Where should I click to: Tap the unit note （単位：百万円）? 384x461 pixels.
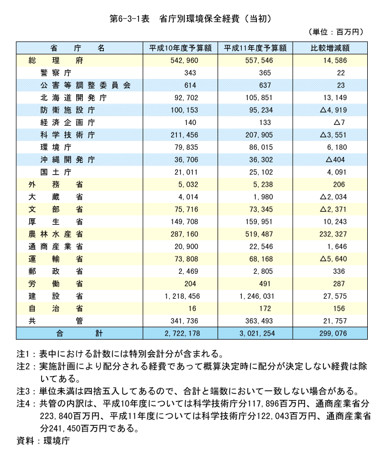point(335,32)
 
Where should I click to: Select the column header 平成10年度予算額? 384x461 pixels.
point(179,48)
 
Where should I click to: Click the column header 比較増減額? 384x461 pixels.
point(329,48)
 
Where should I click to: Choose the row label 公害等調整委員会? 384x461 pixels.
point(85,85)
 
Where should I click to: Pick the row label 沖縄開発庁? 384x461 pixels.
point(68,160)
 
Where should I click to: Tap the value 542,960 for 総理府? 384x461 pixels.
point(185,60)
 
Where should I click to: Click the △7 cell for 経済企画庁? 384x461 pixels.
point(339,122)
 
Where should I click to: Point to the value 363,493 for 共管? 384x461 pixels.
point(259,321)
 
